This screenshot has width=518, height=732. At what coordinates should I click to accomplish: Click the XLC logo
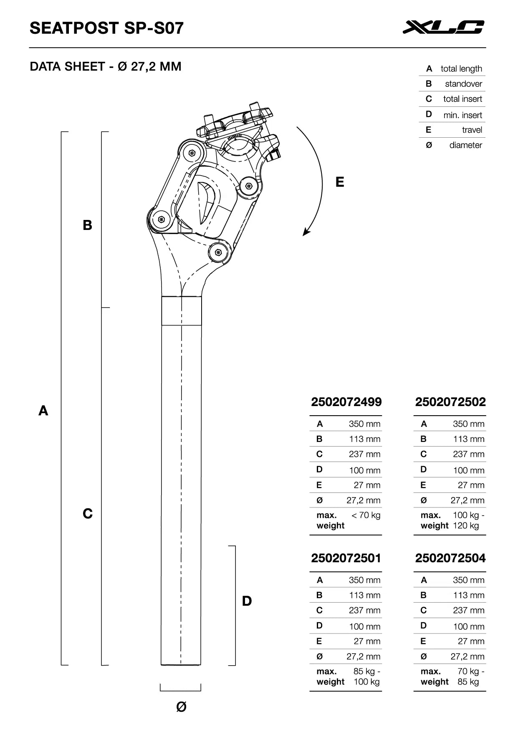point(443,27)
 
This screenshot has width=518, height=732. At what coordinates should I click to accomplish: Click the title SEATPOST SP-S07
point(106,28)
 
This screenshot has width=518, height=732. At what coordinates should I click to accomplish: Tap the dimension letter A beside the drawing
point(43,411)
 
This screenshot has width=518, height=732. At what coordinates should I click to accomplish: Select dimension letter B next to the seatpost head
point(87,225)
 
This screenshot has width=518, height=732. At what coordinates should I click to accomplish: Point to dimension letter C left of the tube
point(87,513)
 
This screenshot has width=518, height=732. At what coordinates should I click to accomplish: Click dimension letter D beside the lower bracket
point(247,601)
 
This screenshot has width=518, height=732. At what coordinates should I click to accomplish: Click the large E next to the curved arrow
point(340,182)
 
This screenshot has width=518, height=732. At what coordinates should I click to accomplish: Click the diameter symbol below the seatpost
point(181,707)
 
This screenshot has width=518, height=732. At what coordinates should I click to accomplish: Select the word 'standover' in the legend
point(463,84)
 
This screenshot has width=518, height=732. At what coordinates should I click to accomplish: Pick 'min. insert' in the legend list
point(462,115)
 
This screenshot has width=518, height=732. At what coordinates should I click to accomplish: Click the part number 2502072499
point(346,402)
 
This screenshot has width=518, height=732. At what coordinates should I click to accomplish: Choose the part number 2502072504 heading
point(450,558)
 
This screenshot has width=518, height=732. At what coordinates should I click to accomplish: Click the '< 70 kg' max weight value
point(366,515)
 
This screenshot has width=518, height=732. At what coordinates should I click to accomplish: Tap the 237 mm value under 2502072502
point(468,454)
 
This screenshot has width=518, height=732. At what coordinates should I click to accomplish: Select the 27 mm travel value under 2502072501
point(366,641)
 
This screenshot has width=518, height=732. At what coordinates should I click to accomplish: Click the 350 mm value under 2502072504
point(468,580)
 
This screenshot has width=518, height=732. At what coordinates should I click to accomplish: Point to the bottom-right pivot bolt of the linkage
point(218,252)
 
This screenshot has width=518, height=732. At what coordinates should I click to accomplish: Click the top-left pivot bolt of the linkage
point(192,153)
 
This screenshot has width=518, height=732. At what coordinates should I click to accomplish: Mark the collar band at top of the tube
point(182,310)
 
